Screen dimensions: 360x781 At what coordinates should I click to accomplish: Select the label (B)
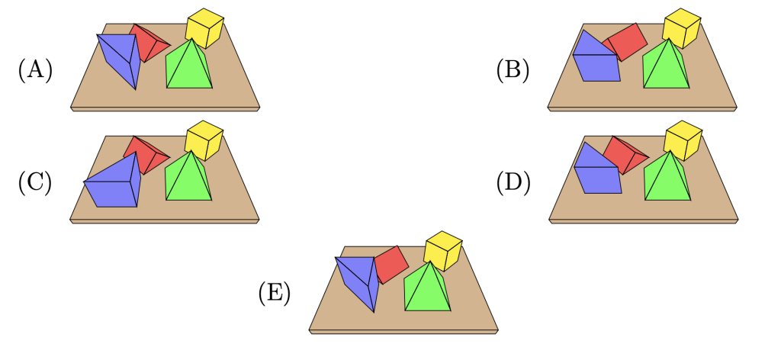click(512, 70)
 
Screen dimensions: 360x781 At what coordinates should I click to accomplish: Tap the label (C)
click(34, 182)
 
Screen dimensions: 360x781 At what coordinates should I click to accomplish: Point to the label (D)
click(512, 182)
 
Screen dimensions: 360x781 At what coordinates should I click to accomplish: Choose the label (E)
click(274, 293)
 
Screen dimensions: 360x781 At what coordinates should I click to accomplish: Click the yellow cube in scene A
click(204, 27)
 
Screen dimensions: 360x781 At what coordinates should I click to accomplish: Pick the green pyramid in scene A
click(188, 67)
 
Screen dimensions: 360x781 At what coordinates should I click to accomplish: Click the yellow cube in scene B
click(681, 27)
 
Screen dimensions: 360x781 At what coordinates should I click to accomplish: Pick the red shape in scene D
click(624, 154)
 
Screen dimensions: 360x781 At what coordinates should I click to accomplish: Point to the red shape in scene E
click(390, 263)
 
